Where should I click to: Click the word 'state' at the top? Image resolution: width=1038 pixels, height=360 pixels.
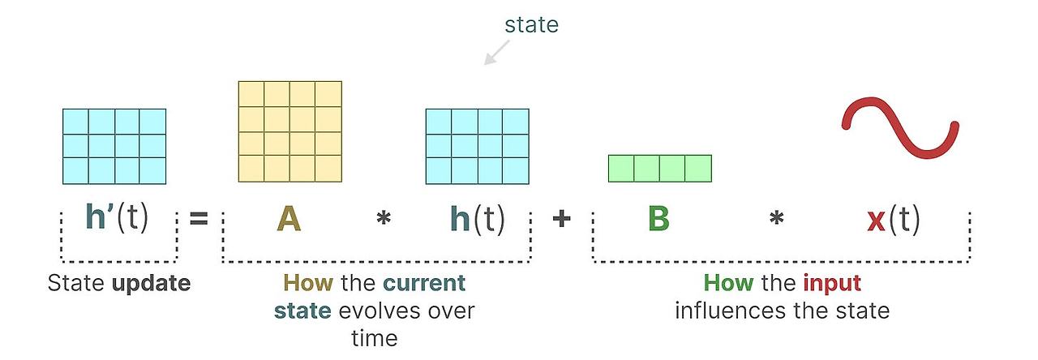[x=531, y=25]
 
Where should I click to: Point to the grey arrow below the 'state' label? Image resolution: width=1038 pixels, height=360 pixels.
[x=497, y=52]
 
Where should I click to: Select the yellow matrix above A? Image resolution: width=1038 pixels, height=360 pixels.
[x=290, y=131]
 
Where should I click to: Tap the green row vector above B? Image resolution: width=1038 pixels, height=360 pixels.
[x=659, y=168]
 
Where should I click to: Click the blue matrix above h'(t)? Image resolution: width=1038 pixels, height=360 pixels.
[x=114, y=146]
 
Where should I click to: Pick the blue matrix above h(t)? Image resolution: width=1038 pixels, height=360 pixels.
[x=477, y=146]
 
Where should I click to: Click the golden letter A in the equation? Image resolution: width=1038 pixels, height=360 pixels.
[x=289, y=218]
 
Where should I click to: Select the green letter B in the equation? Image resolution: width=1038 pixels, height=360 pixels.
[x=658, y=218]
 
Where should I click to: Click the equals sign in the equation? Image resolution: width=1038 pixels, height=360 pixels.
[x=199, y=219]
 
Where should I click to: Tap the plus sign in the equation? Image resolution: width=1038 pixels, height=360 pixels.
[x=561, y=218]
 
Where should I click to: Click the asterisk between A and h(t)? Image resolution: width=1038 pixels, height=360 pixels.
[x=383, y=220]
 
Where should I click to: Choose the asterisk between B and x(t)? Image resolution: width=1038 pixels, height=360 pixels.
[x=776, y=220]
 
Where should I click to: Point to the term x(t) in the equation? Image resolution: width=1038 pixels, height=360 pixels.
[x=893, y=218]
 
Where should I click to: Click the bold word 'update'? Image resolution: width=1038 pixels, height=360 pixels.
[x=152, y=284]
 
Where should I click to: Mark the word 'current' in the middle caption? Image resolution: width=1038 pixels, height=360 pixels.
[x=424, y=284]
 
